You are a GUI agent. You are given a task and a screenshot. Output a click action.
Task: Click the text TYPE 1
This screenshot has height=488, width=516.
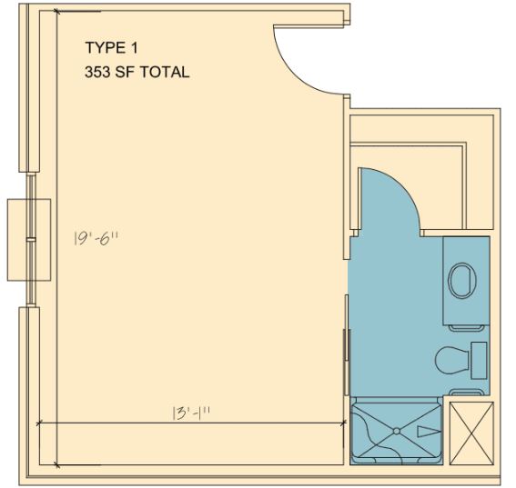(x=111, y=47)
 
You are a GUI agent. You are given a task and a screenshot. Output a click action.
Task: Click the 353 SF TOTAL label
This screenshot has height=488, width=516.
(x=137, y=72)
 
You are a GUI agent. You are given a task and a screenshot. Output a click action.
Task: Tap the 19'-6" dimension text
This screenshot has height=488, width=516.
(x=96, y=238)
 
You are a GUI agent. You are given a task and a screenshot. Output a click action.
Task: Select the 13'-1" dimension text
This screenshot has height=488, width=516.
(x=191, y=413)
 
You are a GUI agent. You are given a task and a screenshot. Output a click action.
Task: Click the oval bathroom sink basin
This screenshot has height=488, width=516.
(x=462, y=280)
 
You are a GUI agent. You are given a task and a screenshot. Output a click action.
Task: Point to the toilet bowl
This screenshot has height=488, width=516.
(x=452, y=360)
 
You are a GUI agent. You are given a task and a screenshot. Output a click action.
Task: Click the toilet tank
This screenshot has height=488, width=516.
(x=479, y=360)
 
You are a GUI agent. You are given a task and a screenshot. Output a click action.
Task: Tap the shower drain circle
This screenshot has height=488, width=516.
(x=397, y=431)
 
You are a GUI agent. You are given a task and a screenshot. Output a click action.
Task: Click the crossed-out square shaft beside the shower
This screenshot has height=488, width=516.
(x=471, y=433)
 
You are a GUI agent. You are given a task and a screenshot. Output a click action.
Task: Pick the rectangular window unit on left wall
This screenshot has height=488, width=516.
(x=29, y=240)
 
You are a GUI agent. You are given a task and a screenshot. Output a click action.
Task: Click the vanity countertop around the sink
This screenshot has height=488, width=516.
(x=466, y=280)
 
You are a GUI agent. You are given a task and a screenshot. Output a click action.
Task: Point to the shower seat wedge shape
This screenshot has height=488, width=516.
(x=429, y=432)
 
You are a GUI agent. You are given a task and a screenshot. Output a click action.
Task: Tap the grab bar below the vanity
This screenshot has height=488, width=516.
(x=467, y=328)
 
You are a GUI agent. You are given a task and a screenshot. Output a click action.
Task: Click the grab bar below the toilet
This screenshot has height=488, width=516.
(x=467, y=392)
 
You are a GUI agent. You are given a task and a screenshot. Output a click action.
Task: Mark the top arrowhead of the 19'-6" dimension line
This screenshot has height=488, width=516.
(x=57, y=12)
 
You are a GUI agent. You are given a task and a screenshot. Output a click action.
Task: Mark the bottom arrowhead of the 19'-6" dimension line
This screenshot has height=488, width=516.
(x=57, y=465)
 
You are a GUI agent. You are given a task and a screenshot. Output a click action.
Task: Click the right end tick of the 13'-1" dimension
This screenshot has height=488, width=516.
(x=344, y=423)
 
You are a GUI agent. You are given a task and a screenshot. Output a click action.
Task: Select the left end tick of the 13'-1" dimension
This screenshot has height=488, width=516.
(x=39, y=423)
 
